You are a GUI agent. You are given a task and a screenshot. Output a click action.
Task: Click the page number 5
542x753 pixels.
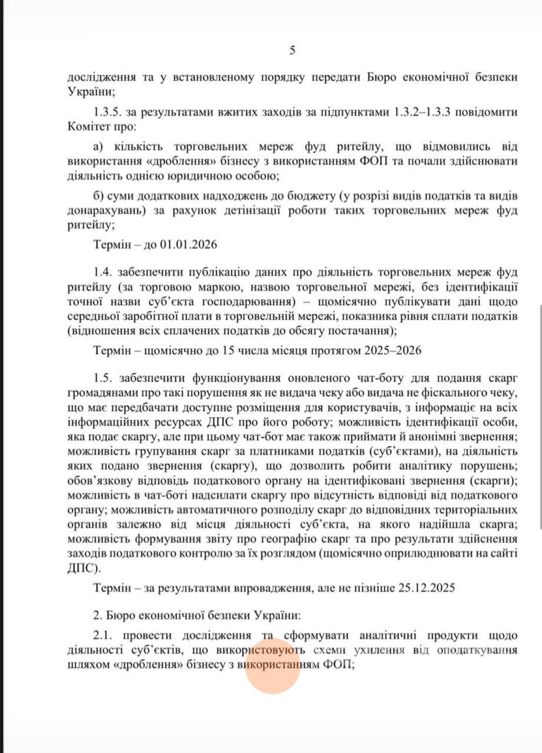click(x=292, y=51)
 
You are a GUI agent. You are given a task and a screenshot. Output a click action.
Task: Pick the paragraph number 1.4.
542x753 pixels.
click(x=103, y=272)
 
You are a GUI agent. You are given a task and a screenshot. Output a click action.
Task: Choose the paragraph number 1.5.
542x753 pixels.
click(x=103, y=376)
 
